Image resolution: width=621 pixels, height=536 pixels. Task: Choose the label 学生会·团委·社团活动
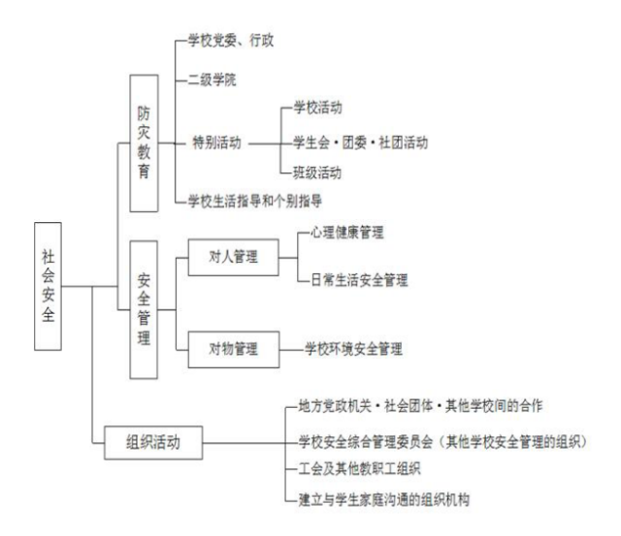tap(360, 142)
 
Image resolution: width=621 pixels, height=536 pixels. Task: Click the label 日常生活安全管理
tap(359, 280)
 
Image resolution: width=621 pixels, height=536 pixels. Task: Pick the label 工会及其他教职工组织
tap(360, 470)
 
